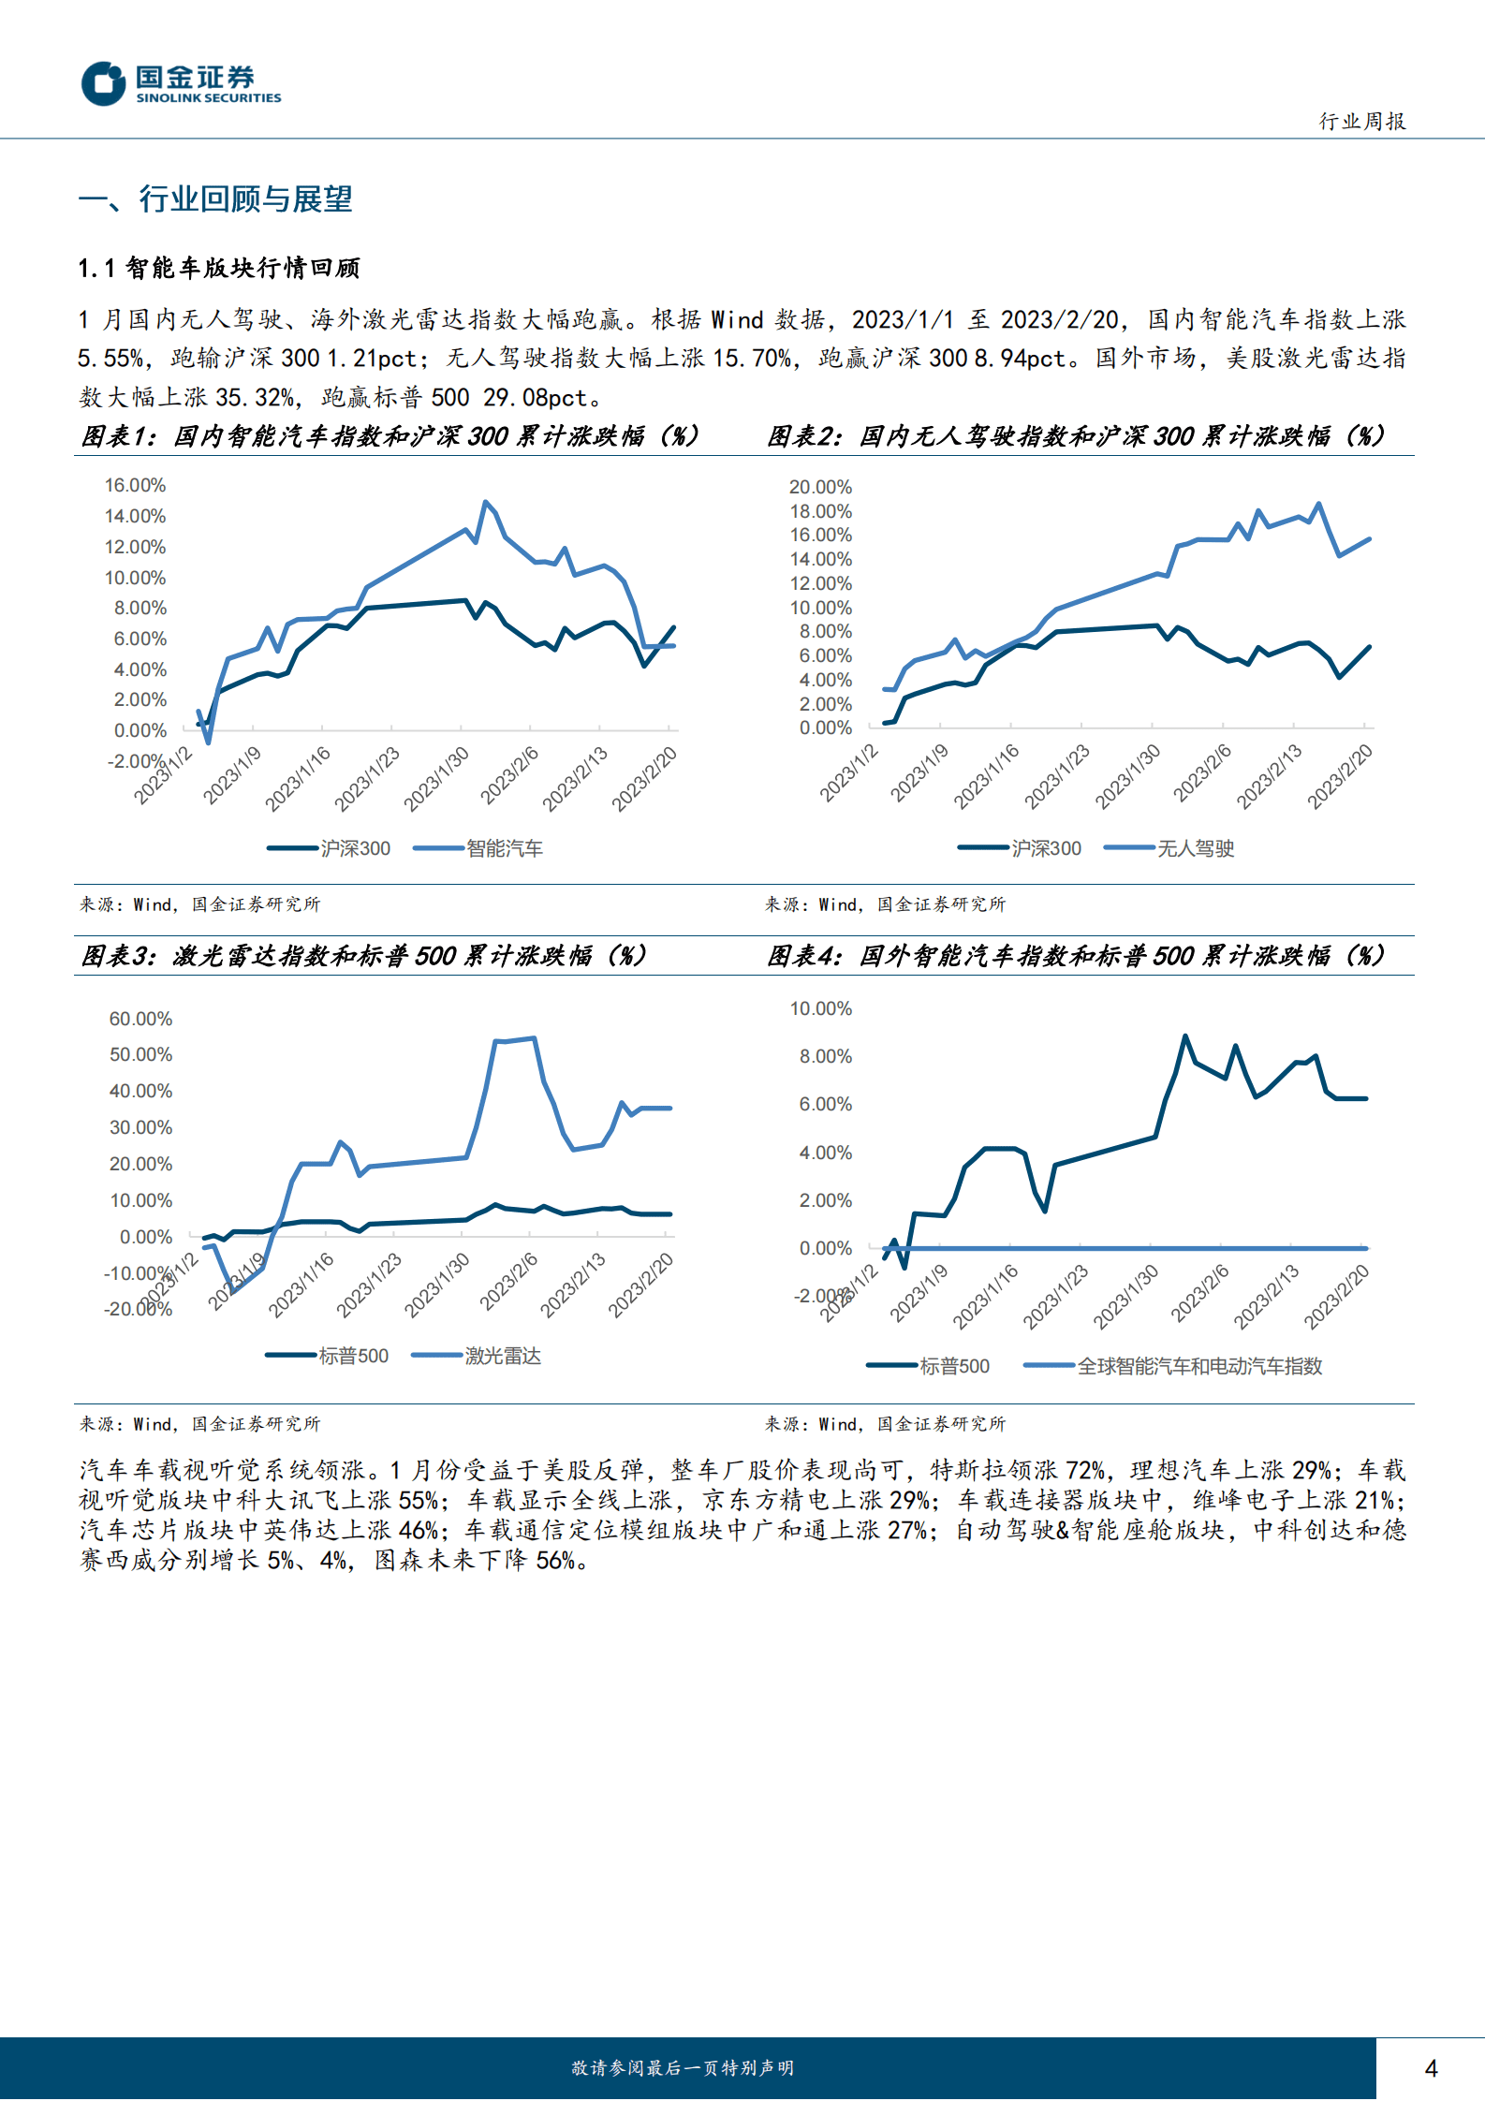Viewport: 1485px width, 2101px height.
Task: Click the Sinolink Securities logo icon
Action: pyautogui.click(x=103, y=83)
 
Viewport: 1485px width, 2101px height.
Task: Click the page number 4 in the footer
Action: pyautogui.click(x=1431, y=2068)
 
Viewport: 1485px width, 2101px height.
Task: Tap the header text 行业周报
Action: pyautogui.click(x=1362, y=122)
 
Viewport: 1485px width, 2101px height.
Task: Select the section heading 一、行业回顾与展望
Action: pyautogui.click(x=215, y=199)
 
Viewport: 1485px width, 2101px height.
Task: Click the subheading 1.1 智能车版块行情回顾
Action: pyautogui.click(x=219, y=269)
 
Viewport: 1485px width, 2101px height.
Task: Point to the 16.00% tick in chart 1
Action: pyautogui.click(x=135, y=485)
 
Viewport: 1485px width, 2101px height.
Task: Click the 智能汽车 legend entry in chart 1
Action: pyautogui.click(x=504, y=848)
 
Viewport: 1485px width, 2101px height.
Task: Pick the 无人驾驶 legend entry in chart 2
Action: pyautogui.click(x=1195, y=848)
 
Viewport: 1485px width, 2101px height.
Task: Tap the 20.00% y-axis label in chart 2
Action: pyautogui.click(x=820, y=487)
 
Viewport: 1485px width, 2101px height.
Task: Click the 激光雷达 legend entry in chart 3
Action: pyautogui.click(x=502, y=1356)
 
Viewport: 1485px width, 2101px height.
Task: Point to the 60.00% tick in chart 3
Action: pyautogui.click(x=140, y=1019)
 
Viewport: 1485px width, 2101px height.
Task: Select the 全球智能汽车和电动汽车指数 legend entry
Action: pyautogui.click(x=1198, y=1366)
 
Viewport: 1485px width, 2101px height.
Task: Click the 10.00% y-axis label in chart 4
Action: pyautogui.click(x=820, y=1008)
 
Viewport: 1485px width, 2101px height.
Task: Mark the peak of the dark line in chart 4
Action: pyautogui.click(x=1185, y=1036)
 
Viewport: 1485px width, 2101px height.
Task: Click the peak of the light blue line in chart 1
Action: pyautogui.click(x=485, y=502)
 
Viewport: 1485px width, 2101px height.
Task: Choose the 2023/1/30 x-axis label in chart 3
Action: pyautogui.click(x=436, y=1285)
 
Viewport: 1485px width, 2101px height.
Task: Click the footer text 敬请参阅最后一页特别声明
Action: pyautogui.click(x=683, y=2068)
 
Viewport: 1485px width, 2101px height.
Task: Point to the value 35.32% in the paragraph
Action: pyautogui.click(x=256, y=398)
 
